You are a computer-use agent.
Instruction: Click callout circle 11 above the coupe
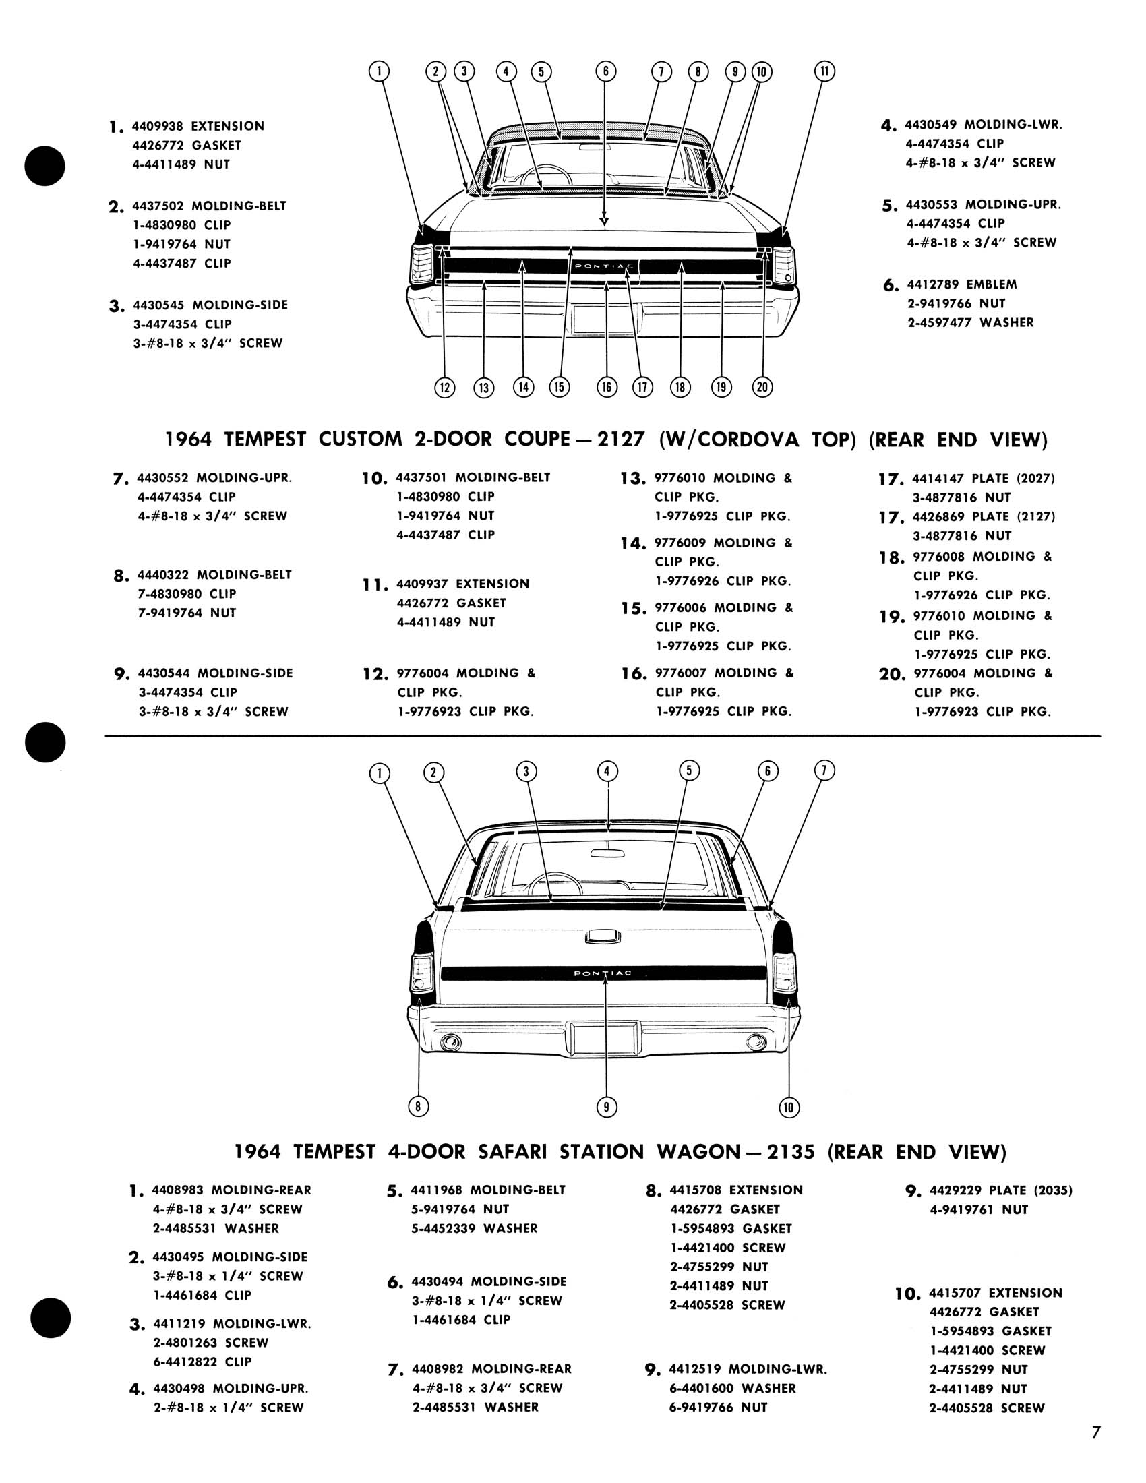click(x=824, y=71)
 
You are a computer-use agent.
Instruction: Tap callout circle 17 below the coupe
click(x=642, y=387)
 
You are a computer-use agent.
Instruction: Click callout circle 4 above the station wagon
click(x=607, y=770)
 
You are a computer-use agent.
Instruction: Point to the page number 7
click(x=1095, y=1446)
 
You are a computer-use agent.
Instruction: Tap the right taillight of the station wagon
click(x=784, y=972)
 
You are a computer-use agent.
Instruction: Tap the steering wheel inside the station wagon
click(x=555, y=884)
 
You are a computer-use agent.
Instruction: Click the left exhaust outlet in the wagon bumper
click(x=450, y=1041)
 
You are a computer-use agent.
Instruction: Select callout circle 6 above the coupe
click(x=605, y=71)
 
